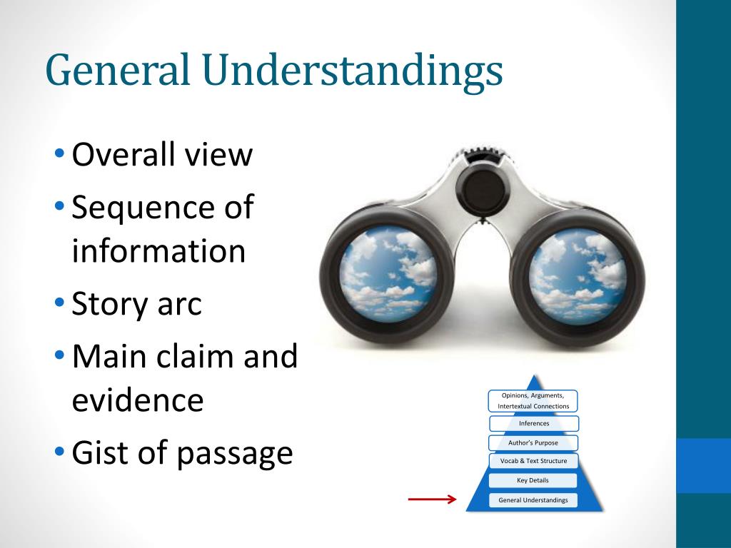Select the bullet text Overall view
(162, 154)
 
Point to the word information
(158, 251)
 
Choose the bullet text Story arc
(137, 304)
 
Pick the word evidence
(137, 400)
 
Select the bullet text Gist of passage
(182, 452)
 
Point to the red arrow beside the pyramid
(432, 499)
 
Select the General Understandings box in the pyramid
(533, 499)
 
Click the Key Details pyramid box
(533, 480)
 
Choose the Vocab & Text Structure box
(533, 461)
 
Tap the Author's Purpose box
(533, 442)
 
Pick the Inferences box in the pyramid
(533, 423)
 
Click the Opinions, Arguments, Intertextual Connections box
(533, 400)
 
